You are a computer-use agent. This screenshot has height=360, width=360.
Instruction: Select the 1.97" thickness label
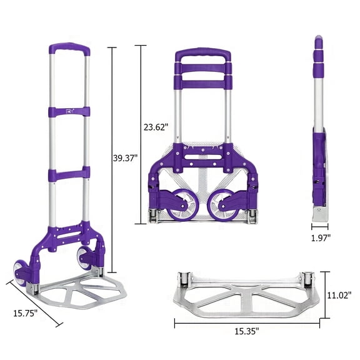322,238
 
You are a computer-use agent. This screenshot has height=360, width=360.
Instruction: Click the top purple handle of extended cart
69,49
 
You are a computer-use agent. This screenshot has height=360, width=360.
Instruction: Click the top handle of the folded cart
202,57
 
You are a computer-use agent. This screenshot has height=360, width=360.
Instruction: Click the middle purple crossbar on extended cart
69,172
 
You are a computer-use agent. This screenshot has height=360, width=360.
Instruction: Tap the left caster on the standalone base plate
185,279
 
